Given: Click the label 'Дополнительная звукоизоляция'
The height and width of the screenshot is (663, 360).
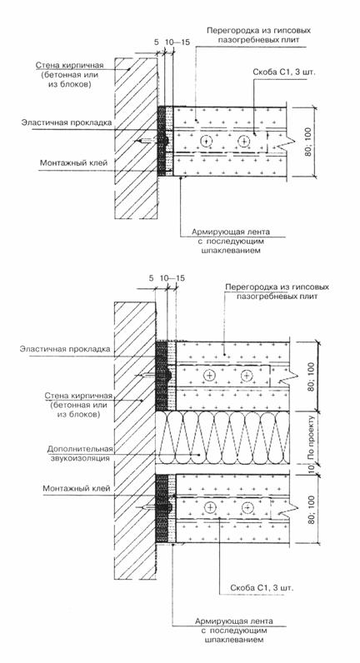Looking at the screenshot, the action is coord(80,453).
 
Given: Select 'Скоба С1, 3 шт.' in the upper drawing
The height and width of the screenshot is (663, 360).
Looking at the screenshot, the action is coord(284,72).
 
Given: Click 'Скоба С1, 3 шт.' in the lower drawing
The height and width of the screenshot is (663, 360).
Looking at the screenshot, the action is coord(262,588).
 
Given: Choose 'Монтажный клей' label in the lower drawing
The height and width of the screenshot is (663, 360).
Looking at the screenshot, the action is coord(77,488).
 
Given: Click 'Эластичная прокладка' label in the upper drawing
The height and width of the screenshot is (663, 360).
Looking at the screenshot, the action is coord(67,122).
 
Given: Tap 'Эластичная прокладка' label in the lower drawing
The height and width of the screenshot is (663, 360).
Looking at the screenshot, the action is coord(65,349).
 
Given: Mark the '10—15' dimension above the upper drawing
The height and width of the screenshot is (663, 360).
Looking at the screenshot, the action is coord(172,42).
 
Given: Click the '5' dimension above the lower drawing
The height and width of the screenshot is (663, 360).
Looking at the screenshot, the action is coord(151,278).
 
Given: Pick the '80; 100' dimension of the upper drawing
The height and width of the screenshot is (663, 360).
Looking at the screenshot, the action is coord(307,142).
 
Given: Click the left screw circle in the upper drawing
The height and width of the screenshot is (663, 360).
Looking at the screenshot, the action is coord(207,142).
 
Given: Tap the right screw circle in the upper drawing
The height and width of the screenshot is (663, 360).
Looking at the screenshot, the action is coord(243,142).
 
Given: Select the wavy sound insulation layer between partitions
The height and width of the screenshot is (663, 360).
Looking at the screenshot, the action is coord(222,438).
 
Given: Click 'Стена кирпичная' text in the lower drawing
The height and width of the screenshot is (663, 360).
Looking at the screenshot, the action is coord(78,396).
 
